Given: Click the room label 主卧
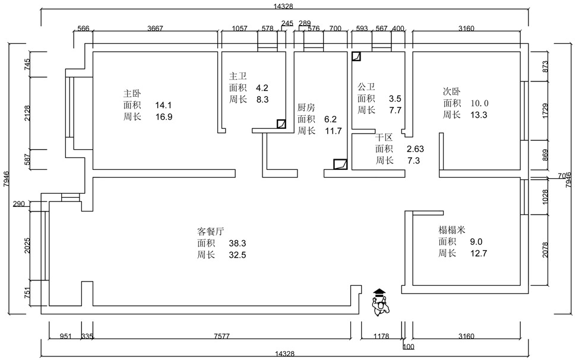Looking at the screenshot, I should click(x=132, y=93).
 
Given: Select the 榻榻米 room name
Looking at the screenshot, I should click(x=452, y=229).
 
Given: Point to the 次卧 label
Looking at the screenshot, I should click(x=452, y=91).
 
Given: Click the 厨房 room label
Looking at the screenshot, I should click(x=306, y=108).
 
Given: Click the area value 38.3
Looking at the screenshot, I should click(x=238, y=243).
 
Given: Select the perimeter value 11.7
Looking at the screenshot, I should click(x=333, y=131).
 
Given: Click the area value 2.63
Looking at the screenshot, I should click(x=415, y=149).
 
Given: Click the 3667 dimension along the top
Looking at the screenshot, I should click(x=155, y=29).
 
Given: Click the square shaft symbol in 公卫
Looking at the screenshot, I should click(x=356, y=57).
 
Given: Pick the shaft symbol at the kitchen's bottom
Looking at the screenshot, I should click(x=340, y=165).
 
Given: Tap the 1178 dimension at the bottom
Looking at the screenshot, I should click(x=381, y=336).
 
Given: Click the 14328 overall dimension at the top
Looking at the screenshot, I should click(x=283, y=7).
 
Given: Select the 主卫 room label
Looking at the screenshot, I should click(x=238, y=76).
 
